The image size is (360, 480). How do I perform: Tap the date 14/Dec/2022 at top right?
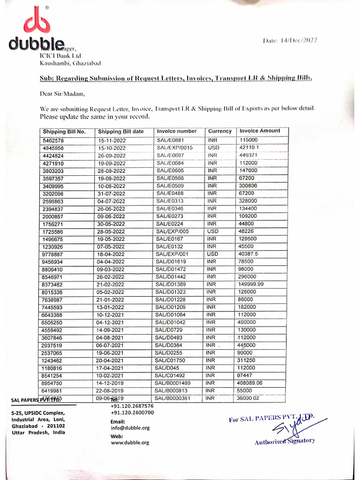[290, 41]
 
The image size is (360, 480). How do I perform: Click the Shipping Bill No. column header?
[64, 132]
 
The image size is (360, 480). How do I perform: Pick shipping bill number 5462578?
[53, 140]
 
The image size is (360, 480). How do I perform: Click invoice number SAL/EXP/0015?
[174, 148]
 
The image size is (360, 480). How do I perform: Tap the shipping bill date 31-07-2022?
[111, 194]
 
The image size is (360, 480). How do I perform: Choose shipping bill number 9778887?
[53, 254]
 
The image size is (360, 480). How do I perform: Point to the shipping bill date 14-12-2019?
[110, 383]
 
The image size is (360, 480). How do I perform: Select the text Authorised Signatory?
[285, 441]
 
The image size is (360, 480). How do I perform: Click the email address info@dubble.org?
[130, 428]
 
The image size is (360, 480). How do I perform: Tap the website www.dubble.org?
[130, 442]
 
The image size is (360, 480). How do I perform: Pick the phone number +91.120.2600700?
[132, 412]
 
